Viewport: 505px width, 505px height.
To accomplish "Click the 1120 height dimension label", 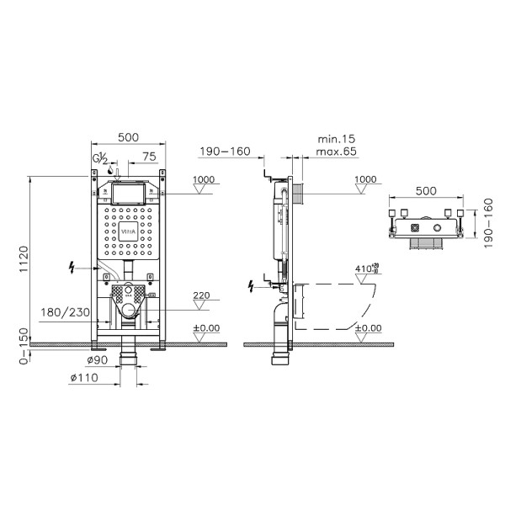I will [24, 261].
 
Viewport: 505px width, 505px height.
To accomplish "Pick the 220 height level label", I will [202, 295].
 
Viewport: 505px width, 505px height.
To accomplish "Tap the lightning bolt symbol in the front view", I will [73, 268].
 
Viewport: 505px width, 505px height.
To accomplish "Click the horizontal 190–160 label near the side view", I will [225, 151].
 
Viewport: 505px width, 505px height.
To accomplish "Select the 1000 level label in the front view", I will [204, 179].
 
